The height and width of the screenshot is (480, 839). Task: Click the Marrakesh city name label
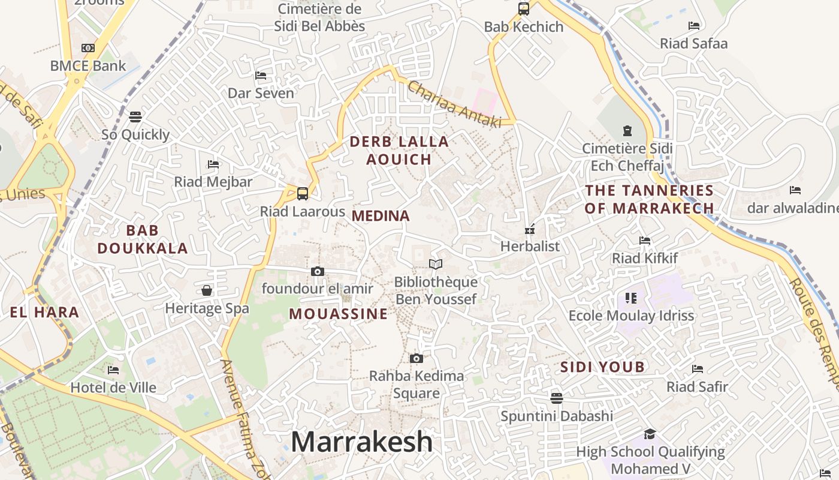coord(361,442)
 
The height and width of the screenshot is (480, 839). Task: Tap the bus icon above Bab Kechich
coord(524,9)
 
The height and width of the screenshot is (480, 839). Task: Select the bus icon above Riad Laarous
coord(303,194)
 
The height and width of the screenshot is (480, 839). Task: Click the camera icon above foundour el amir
coord(318,272)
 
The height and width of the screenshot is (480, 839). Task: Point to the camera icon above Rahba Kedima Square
coord(417,359)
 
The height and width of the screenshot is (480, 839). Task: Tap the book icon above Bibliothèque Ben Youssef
coord(436,264)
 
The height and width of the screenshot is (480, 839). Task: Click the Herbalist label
coord(530,246)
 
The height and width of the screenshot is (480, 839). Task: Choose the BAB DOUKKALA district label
coord(143,239)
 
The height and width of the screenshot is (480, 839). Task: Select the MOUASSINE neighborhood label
coord(338,314)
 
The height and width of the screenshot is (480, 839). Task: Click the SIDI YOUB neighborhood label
coord(602,367)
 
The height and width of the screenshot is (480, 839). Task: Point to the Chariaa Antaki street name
coord(454,105)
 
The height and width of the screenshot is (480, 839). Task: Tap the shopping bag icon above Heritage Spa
coord(207,291)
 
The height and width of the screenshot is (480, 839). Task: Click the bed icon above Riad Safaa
coord(694,26)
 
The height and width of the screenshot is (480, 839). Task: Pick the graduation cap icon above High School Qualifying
coord(650,434)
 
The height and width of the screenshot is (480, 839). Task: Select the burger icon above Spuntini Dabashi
coord(557,398)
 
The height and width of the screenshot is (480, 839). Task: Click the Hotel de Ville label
coord(113,388)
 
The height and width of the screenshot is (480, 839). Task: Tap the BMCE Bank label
coord(88,66)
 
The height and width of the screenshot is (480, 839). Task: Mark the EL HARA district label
coord(44,312)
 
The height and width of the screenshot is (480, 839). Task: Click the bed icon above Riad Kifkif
coord(645,241)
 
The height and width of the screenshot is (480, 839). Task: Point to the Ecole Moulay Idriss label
coord(631,316)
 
